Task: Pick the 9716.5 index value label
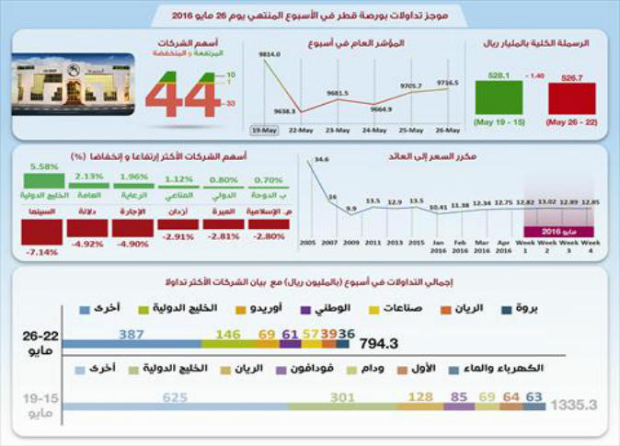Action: point(446,81)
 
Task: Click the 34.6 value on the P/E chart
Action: point(321,159)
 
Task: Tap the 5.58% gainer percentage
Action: point(44,166)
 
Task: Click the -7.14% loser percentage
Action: point(44,250)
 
